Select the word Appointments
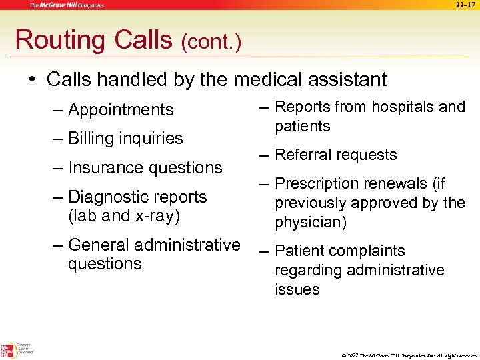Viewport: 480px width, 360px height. pos(121,109)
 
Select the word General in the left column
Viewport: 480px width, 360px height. pos(101,245)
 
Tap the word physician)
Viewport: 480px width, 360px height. pos(311,222)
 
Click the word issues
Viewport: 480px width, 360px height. pos(297,289)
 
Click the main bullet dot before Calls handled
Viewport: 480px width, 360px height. pos(31,80)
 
